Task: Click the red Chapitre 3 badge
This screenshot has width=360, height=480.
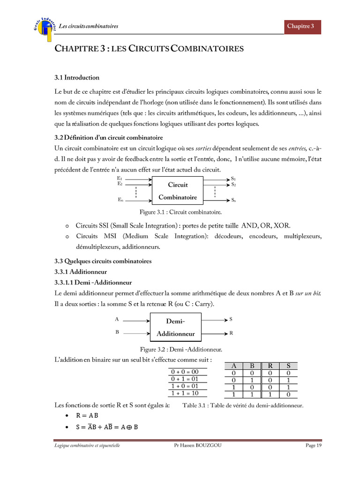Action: pos(303,26)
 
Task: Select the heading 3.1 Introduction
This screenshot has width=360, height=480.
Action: pos(77,77)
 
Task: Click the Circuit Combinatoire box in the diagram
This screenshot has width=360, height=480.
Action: pos(178,191)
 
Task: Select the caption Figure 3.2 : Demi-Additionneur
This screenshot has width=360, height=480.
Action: pos(181,349)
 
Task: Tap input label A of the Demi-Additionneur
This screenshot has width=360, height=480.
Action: pos(117,319)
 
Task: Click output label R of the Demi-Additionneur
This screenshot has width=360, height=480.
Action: pos(231,333)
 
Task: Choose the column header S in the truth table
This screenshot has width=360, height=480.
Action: pos(288,366)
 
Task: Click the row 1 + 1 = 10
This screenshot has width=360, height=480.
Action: pos(185,393)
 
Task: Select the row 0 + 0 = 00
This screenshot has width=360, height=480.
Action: pos(185,372)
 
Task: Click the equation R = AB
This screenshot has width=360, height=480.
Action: pos(87,415)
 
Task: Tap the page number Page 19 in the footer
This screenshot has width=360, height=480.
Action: pos(314,445)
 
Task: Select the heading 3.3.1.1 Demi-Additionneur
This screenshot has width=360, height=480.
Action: pos(93,283)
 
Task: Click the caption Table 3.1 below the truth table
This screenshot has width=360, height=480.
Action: pos(243,405)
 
